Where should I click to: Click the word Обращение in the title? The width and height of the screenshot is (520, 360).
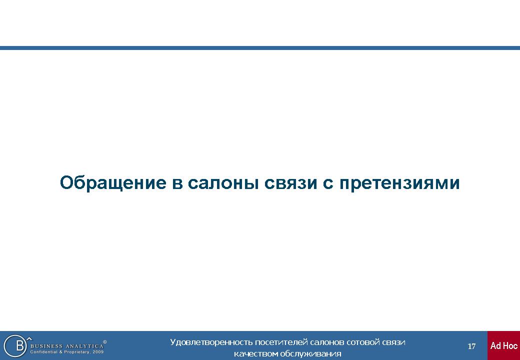[113, 183]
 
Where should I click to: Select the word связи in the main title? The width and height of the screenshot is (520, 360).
[290, 183]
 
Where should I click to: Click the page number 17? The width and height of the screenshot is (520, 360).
[471, 346]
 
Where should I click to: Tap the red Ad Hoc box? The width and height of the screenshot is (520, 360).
[504, 345]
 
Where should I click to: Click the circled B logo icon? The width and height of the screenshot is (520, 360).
[15, 345]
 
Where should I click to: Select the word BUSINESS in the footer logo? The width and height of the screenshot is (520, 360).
[46, 346]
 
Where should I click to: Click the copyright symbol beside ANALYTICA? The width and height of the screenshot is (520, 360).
[105, 342]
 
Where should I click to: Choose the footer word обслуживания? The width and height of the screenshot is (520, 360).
[310, 354]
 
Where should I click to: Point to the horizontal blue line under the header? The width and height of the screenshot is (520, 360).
[260, 48]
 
